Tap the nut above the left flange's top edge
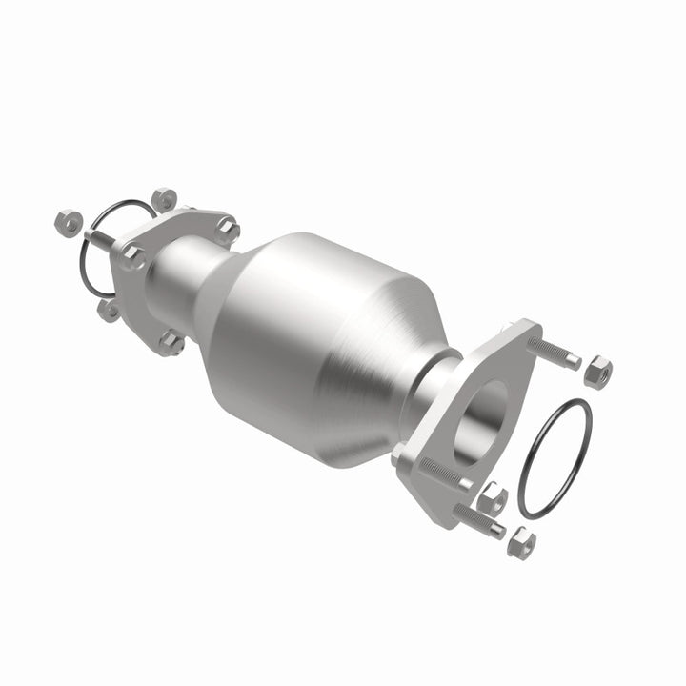point(164,199)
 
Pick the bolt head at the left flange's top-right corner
point(227,229)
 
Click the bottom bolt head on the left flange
point(171,342)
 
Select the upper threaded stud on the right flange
point(553,350)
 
